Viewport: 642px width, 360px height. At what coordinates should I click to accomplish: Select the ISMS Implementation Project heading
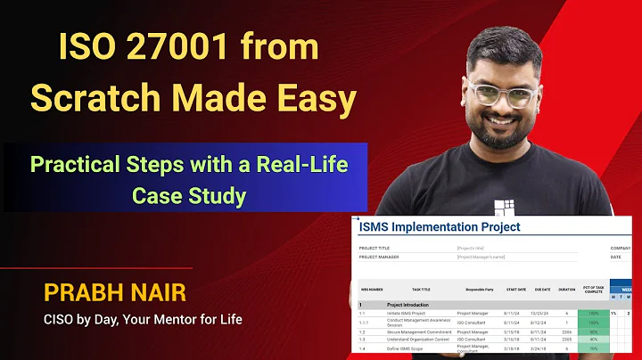coord(439,227)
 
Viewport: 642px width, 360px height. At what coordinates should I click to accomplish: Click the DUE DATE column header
coord(542,290)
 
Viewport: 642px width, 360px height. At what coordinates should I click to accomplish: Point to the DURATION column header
coord(567,290)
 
